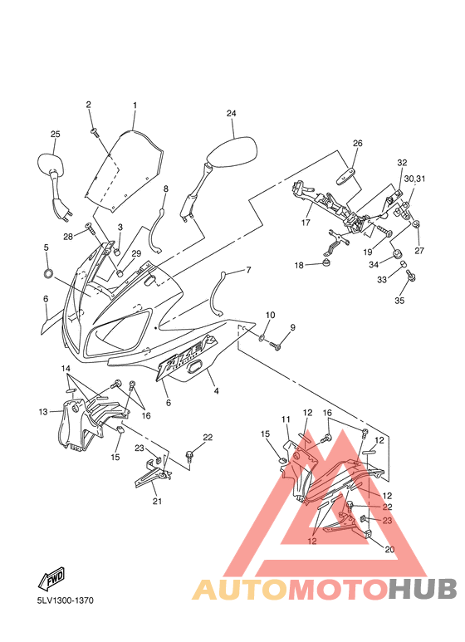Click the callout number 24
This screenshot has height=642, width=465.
(232, 114)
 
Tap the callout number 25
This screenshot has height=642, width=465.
(56, 134)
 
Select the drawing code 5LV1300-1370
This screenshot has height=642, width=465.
(66, 600)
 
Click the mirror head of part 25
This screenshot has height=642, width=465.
(51, 164)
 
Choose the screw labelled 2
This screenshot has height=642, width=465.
(95, 131)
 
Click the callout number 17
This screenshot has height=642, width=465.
(306, 223)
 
